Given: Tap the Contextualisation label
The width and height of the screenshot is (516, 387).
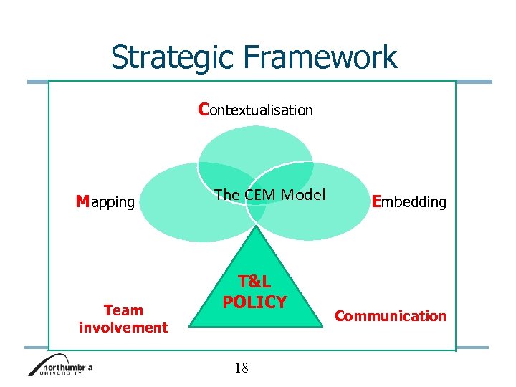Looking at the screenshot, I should point(256,110).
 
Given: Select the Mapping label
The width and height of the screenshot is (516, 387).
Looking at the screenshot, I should point(105,202).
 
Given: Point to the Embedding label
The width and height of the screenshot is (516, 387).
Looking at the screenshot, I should point(408,202).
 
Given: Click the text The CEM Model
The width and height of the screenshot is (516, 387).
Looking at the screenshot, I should point(269,195).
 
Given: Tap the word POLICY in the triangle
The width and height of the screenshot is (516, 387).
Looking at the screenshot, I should point(254,302).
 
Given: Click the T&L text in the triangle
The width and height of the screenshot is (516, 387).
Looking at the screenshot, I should point(254,283).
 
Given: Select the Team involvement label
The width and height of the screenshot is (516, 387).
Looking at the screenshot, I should point(123,319).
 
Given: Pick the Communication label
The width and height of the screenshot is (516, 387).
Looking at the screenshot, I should point(391,316).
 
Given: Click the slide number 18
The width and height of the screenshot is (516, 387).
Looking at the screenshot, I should point(242,368).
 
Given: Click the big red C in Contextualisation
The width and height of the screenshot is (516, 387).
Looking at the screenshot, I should point(204,109).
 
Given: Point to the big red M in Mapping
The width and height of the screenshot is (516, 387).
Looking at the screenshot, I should point(83,201).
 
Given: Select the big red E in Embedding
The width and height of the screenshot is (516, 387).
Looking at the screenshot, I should point(377,201).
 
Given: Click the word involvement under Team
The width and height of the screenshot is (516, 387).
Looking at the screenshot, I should point(123,328).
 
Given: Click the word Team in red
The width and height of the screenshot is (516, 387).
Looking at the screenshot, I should point(123,310).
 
